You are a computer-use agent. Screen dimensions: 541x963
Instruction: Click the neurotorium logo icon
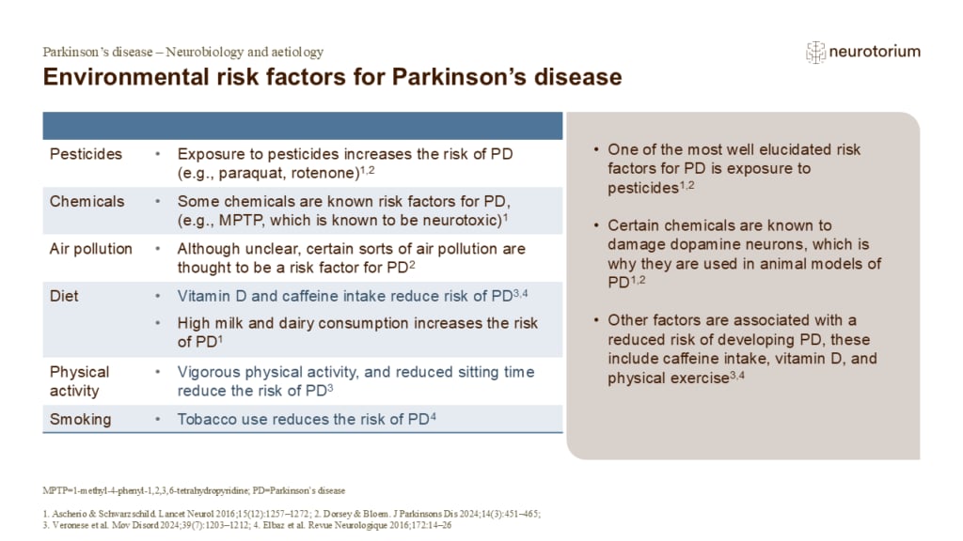coord(815,53)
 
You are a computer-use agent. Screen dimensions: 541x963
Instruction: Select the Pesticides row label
coord(86,153)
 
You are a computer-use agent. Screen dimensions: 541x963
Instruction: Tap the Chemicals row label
coord(87,201)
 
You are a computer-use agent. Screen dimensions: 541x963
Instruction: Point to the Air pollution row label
coord(90,249)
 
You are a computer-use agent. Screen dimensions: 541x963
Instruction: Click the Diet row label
coord(64,296)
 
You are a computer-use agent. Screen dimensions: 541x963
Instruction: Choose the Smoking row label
coord(80,419)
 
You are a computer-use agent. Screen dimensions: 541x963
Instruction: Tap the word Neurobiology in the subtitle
coord(209,53)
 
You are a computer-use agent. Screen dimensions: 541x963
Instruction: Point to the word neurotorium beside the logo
coord(875,53)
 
